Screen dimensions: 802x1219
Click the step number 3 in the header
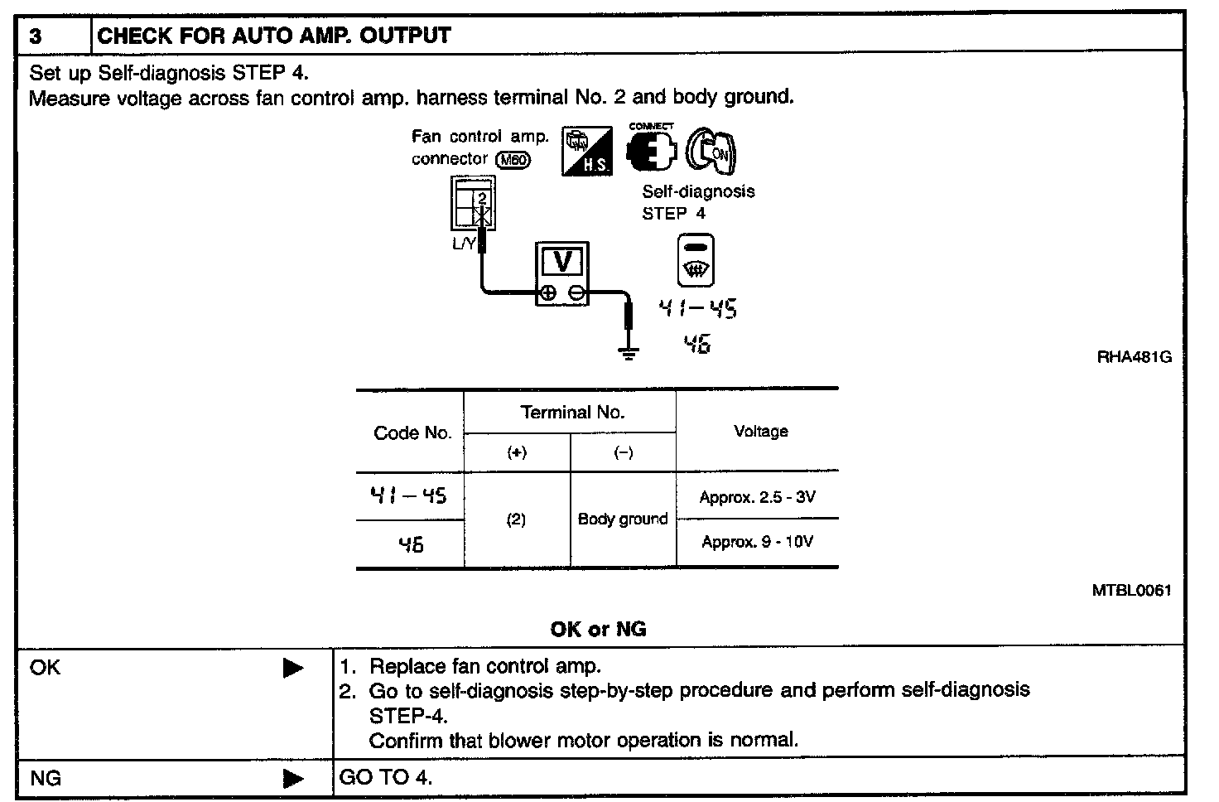coord(36,36)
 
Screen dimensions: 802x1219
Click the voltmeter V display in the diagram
coord(562,262)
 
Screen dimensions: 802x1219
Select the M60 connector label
coord(512,160)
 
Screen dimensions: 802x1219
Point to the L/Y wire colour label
coord(464,243)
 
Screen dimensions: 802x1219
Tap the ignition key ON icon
coord(713,151)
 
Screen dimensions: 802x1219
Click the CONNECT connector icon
coord(650,150)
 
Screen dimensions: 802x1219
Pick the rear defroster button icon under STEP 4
coord(696,260)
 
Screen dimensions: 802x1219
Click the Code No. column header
coord(412,432)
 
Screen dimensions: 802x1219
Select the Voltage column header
coord(760,431)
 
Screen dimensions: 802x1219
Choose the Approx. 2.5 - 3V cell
coord(757,497)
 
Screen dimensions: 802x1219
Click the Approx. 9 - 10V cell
coord(757,542)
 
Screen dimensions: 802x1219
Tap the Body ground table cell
coord(623,519)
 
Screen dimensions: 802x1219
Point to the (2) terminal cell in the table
coord(516,519)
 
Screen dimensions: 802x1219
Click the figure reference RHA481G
coord(1134,358)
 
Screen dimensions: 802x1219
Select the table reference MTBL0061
coord(1131,591)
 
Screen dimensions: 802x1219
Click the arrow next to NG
coord(293,779)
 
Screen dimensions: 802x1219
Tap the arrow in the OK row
coord(293,668)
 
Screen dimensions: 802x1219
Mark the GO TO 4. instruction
coord(386,778)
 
